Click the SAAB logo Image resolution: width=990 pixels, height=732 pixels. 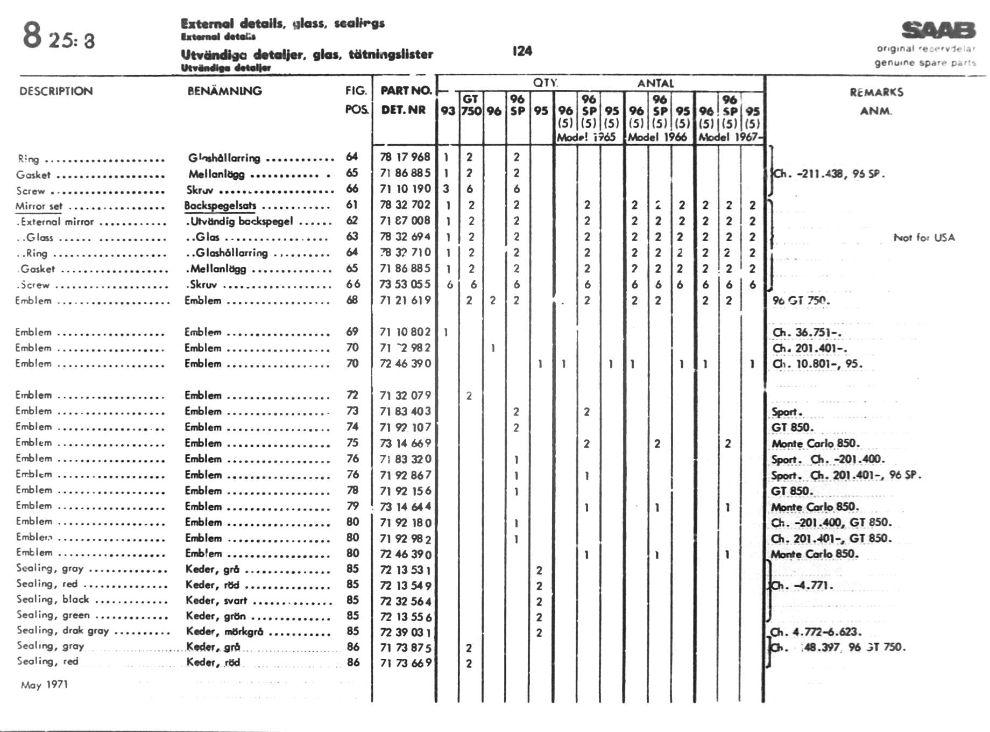[x=938, y=30]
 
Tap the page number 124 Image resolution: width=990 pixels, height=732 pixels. [x=522, y=51]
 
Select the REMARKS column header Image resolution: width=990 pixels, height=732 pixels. [x=876, y=92]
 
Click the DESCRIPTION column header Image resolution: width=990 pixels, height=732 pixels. [x=56, y=91]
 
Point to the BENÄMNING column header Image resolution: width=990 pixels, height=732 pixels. [x=224, y=91]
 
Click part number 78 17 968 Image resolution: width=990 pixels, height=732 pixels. [x=405, y=157]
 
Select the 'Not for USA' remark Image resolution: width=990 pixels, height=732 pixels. [x=924, y=237]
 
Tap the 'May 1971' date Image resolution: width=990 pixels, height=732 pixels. [x=44, y=685]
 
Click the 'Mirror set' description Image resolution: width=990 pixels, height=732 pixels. [x=39, y=206]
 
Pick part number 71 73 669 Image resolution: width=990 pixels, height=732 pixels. [x=405, y=663]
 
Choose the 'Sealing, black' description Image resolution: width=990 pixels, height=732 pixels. [x=53, y=600]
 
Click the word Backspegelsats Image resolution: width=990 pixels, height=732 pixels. [x=220, y=206]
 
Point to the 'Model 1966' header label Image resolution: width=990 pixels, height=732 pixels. [x=657, y=137]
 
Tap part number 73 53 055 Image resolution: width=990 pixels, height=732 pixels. [x=405, y=284]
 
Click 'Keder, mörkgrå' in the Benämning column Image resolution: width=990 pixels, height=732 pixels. [x=224, y=631]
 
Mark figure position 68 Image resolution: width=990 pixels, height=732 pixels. [x=352, y=300]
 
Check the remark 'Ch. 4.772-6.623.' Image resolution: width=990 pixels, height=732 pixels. [x=816, y=632]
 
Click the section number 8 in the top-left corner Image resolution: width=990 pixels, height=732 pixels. [x=32, y=36]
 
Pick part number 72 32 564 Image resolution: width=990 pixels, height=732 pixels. [x=405, y=601]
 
